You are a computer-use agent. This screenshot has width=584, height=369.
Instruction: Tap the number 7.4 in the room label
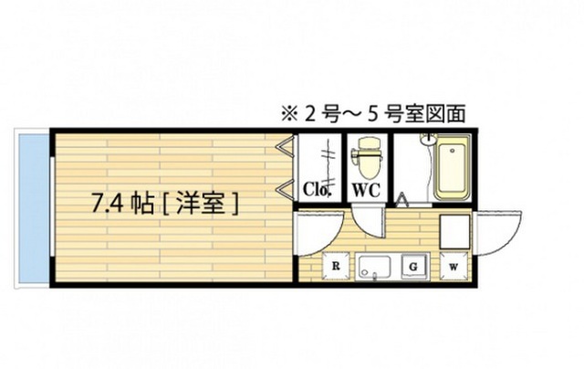pos(108,204)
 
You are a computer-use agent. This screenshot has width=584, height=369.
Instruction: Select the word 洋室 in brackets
pos(201,204)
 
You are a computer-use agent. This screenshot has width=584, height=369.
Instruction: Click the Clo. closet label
pos(317,189)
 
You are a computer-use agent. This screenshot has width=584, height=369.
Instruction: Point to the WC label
pos(366,190)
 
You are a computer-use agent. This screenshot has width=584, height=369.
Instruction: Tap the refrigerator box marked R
pos(336,266)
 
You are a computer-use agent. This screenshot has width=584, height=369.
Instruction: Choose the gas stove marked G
pos(413,267)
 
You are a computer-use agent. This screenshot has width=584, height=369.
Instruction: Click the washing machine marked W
pos(454,267)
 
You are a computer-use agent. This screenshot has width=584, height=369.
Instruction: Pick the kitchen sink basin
pos(373,266)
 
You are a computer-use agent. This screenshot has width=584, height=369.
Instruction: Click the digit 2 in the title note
pos(310,114)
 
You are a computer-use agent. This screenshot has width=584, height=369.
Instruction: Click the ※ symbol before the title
pos(289,114)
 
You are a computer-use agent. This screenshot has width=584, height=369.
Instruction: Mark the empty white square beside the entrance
pos(454,231)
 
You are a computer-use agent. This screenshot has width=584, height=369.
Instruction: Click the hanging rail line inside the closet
pos(328,163)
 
